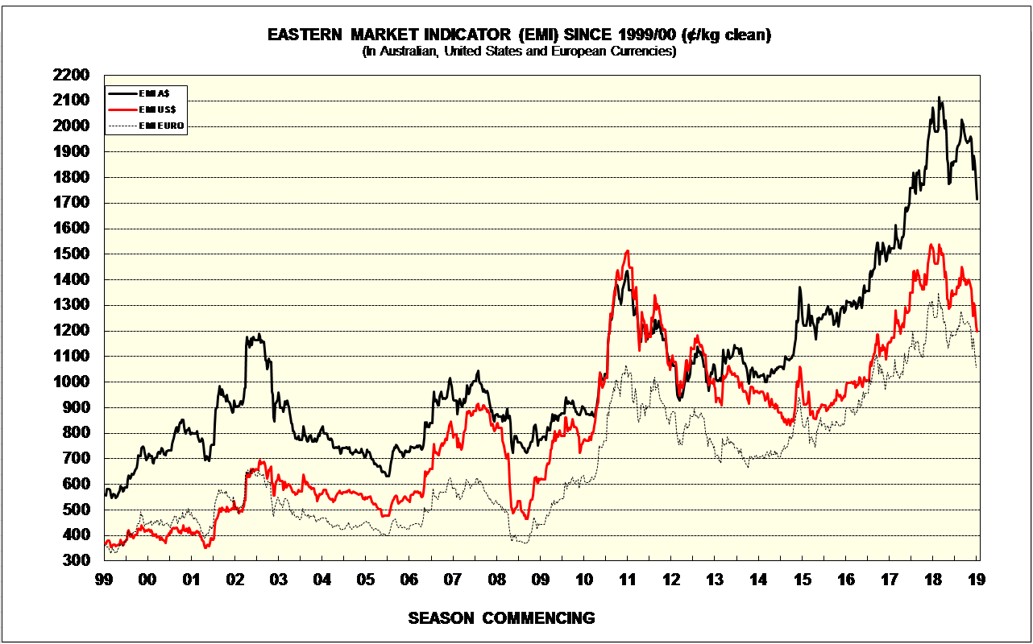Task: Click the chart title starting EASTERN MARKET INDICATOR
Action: pyautogui.click(x=519, y=35)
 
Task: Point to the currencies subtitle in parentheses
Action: pyautogui.click(x=519, y=52)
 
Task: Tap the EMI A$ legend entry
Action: pyautogui.click(x=152, y=93)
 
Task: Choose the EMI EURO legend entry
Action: pyautogui.click(x=162, y=126)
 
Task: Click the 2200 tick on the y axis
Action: pyautogui.click(x=73, y=75)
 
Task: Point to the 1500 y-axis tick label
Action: pyautogui.click(x=73, y=254)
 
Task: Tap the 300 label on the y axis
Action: pyautogui.click(x=77, y=561)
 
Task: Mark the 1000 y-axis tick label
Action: pyautogui.click(x=73, y=382)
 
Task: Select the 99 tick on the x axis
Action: pyautogui.click(x=103, y=579)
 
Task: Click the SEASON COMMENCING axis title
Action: pyautogui.click(x=501, y=618)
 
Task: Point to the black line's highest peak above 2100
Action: pyautogui.click(x=939, y=97)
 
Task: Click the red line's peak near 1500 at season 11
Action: pyautogui.click(x=627, y=251)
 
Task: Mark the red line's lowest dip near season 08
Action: pyautogui.click(x=526, y=518)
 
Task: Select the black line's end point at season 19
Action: pyautogui.click(x=977, y=199)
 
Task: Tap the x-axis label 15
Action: pyautogui.click(x=803, y=579)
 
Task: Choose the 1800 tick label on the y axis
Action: pyautogui.click(x=73, y=177)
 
